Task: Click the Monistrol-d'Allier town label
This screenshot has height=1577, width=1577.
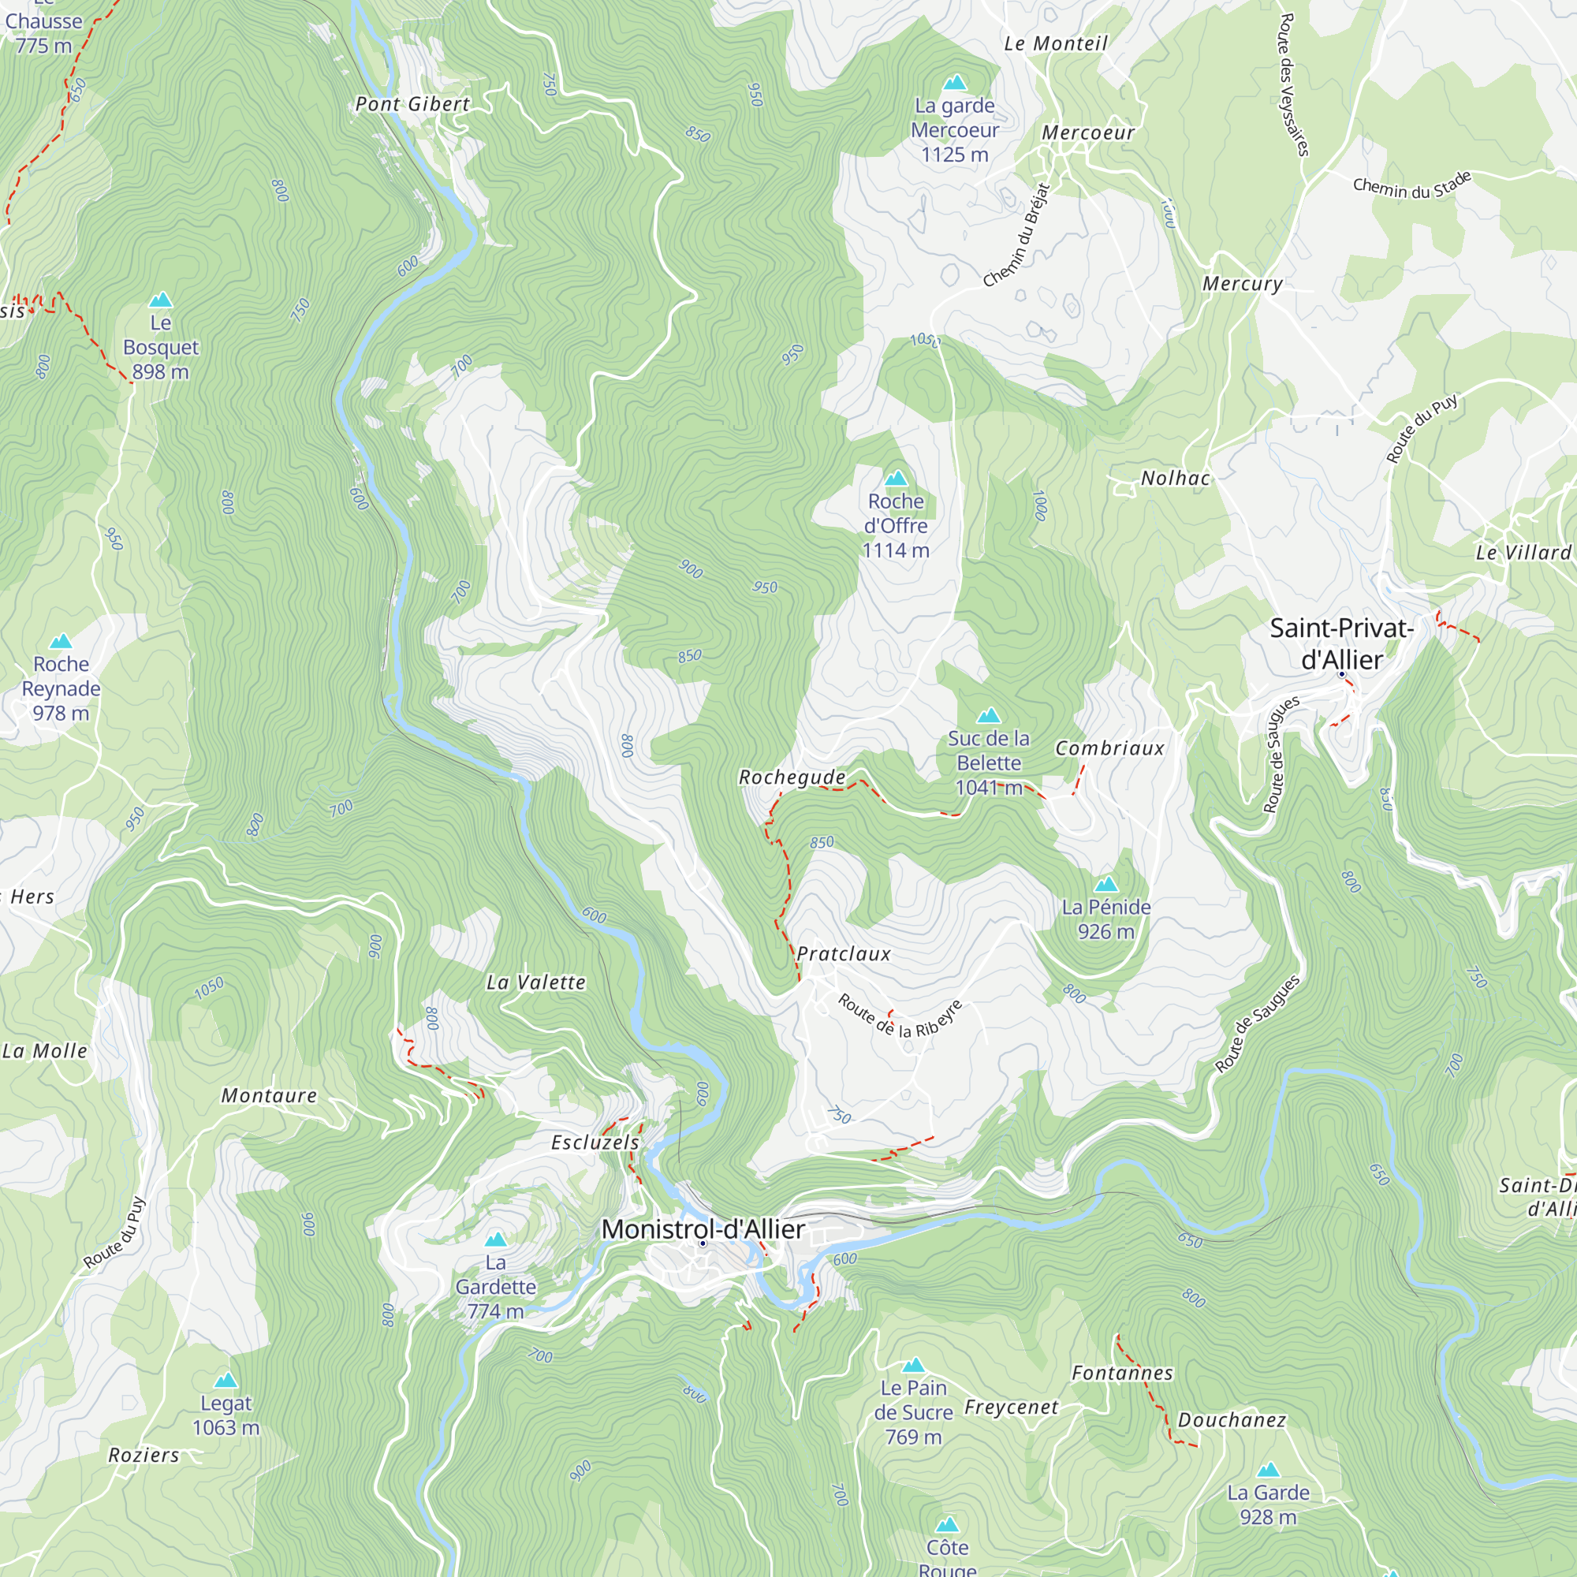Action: tap(703, 1228)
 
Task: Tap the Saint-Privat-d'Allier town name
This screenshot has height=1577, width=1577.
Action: tap(1341, 644)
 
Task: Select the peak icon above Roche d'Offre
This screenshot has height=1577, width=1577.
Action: tap(897, 478)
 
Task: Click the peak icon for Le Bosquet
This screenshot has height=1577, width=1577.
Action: tap(161, 300)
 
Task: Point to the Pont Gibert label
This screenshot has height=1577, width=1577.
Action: tap(413, 103)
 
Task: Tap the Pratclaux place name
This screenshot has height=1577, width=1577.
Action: tap(843, 953)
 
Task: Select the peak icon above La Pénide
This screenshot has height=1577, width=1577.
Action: tap(1106, 884)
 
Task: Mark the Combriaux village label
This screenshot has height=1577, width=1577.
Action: tap(1110, 747)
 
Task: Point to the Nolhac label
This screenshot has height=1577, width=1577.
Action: tap(1176, 479)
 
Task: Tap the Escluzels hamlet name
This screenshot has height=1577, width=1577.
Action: tap(595, 1142)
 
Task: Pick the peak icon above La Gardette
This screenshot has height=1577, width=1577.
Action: tap(495, 1240)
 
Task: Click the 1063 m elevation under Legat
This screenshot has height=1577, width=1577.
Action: tap(226, 1428)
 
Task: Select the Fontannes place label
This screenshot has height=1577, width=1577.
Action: tap(1122, 1373)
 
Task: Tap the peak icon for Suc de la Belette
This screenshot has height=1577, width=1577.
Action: tap(989, 715)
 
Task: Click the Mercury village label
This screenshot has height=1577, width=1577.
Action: tap(1243, 283)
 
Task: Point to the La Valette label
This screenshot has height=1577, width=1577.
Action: tap(536, 982)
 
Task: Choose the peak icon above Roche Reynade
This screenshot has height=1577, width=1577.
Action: tap(62, 641)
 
